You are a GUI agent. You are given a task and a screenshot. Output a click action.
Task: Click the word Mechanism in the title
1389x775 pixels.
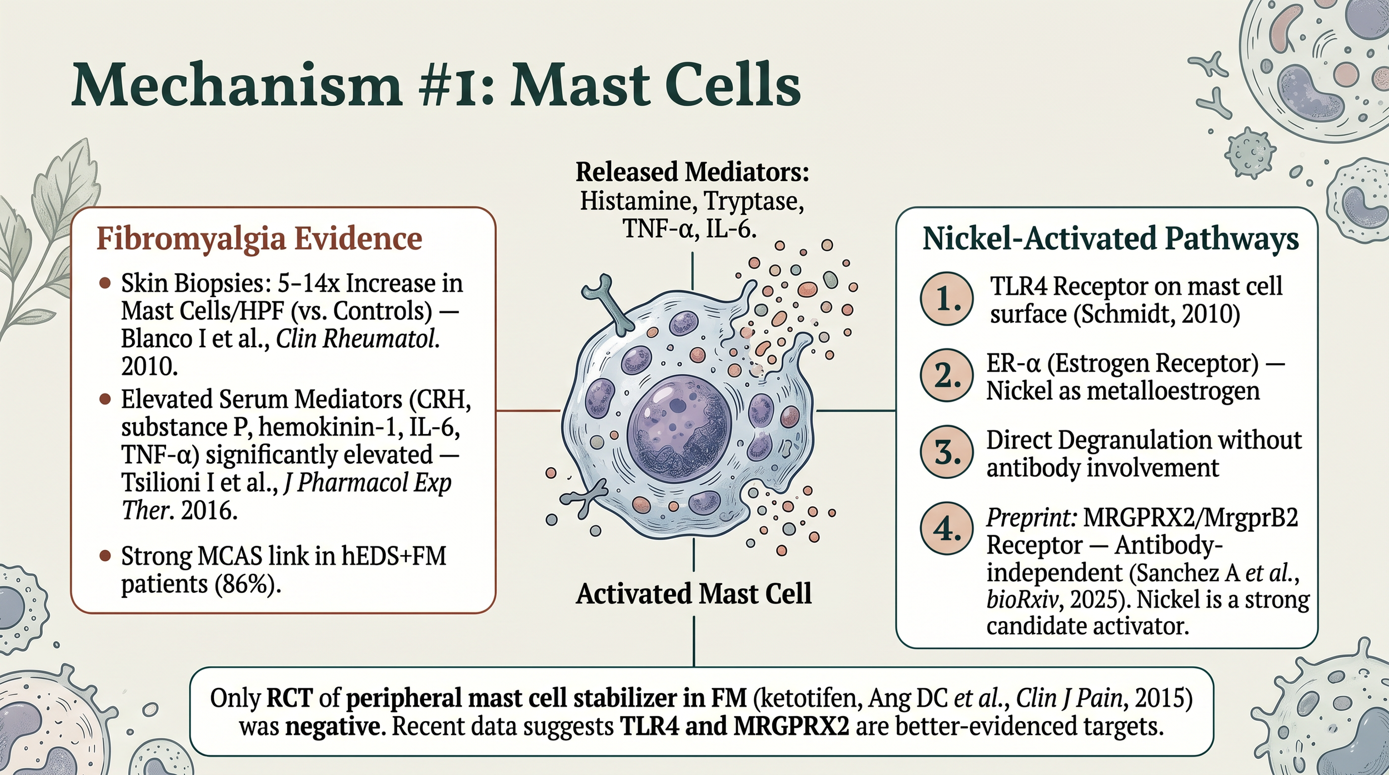[x=236, y=86]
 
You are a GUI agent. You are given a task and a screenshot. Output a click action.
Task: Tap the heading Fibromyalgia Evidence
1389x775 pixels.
[x=259, y=239]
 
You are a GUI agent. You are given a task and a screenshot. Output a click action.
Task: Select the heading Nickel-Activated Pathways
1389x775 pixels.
[x=1111, y=239]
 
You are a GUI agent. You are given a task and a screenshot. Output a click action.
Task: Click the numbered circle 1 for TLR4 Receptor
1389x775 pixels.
[x=947, y=298]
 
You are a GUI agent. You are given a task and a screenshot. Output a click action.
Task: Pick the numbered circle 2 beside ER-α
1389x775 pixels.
[x=947, y=376]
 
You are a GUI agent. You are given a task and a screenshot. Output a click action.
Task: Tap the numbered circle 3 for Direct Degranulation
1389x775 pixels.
[x=947, y=452]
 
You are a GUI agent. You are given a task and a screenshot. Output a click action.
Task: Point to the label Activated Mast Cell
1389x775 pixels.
[x=693, y=594]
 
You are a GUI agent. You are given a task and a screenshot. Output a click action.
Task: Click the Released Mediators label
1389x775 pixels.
[x=692, y=172]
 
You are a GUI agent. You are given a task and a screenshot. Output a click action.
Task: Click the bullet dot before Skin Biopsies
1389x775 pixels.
[x=104, y=283]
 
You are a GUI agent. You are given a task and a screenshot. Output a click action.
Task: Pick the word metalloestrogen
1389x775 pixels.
[x=1172, y=391]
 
